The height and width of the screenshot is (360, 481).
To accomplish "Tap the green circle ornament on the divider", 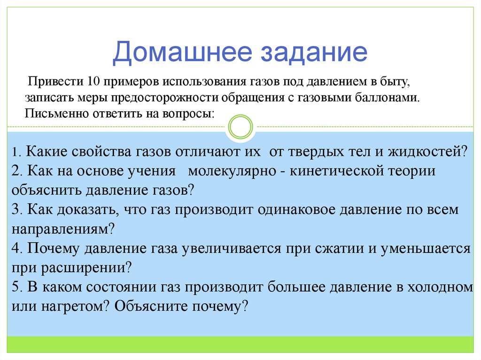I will (x=240, y=127).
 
